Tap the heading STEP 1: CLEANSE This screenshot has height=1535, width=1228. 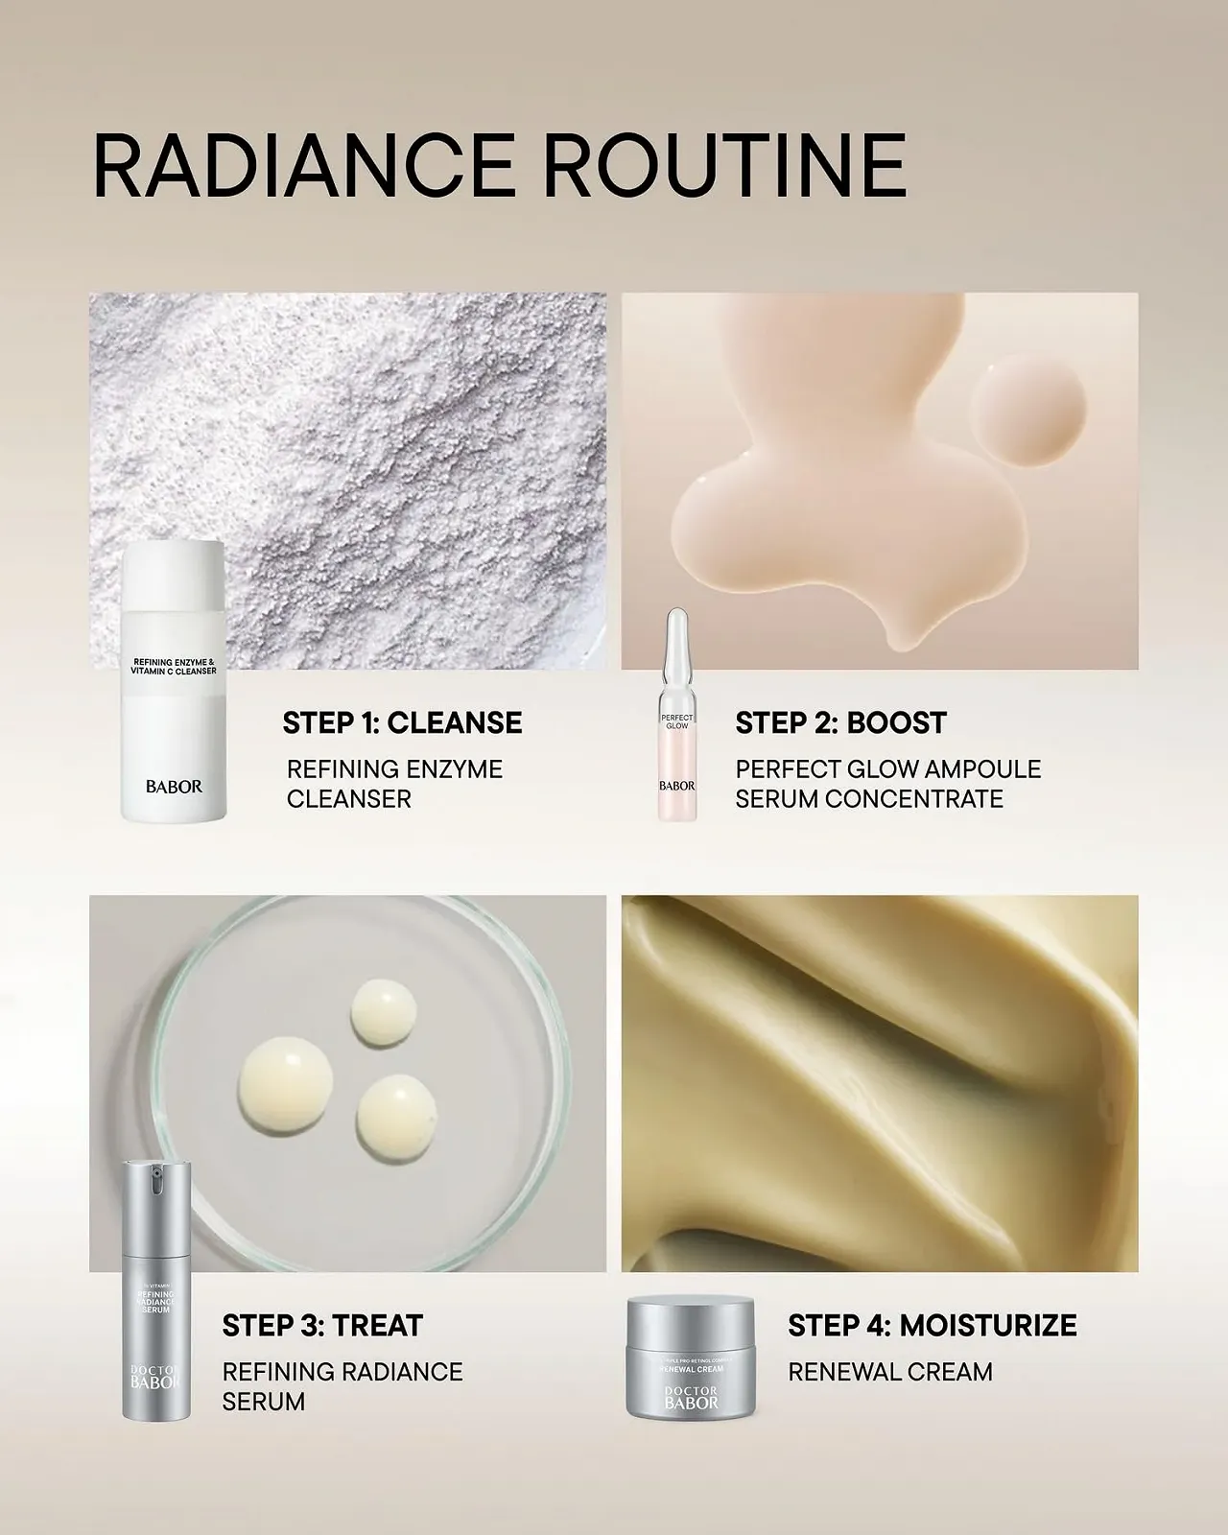[402, 722]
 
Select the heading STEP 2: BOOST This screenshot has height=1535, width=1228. [840, 722]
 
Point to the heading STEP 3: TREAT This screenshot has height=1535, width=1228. [322, 1326]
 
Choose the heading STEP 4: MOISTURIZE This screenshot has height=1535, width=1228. [932, 1326]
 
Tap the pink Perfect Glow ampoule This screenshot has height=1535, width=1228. [676, 729]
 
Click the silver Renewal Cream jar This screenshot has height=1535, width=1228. [690, 1358]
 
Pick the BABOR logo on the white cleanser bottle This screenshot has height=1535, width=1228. [174, 786]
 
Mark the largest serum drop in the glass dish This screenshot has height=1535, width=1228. [286, 1085]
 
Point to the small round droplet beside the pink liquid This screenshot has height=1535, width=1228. [1027, 407]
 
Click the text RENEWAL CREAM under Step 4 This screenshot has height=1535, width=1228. [889, 1372]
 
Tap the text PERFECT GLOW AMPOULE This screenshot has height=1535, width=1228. [887, 769]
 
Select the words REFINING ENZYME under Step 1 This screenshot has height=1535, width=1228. [394, 769]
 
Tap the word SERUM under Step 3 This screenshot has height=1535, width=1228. [263, 1402]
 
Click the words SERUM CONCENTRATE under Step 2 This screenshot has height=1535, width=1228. [868, 799]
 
